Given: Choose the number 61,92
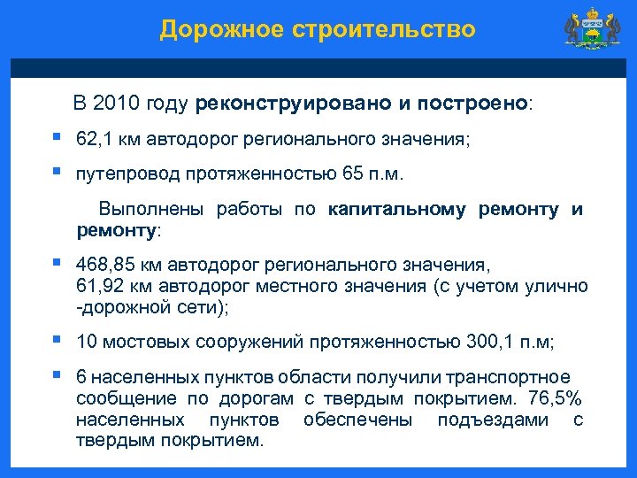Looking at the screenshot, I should [102, 286].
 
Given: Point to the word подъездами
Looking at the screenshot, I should [493, 420].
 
